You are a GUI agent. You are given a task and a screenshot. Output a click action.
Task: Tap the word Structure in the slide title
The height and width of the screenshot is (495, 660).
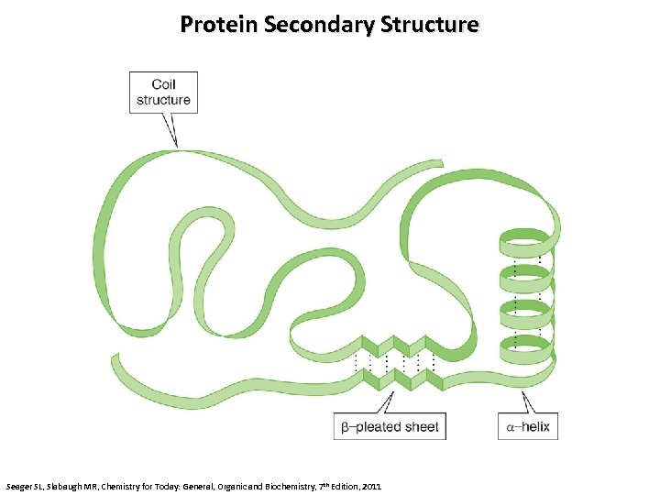(x=429, y=24)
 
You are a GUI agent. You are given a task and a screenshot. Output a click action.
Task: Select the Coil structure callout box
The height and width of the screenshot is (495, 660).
(x=164, y=92)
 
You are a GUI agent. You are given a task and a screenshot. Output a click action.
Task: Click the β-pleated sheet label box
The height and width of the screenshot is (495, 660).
(x=390, y=426)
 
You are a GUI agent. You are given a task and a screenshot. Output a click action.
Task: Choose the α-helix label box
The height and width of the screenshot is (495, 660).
(x=527, y=426)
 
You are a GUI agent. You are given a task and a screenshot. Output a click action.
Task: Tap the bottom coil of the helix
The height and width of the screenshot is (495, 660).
(x=526, y=348)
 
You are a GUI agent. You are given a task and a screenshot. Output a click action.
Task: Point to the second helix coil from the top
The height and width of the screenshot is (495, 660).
(x=526, y=279)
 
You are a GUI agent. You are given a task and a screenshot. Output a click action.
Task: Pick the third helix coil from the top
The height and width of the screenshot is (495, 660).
(x=526, y=313)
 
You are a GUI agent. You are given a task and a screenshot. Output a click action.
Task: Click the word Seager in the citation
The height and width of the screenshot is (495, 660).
(x=20, y=484)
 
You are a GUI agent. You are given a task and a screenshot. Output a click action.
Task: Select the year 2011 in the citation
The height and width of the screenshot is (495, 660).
(x=370, y=484)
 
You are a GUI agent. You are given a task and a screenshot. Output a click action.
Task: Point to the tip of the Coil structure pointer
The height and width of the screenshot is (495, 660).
(x=176, y=146)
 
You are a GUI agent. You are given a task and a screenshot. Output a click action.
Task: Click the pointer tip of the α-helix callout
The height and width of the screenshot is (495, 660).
(x=522, y=391)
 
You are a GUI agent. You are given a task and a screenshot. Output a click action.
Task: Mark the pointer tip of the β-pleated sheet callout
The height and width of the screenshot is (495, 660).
(x=395, y=392)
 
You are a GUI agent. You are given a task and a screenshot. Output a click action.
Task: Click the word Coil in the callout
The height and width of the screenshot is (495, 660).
(x=164, y=84)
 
